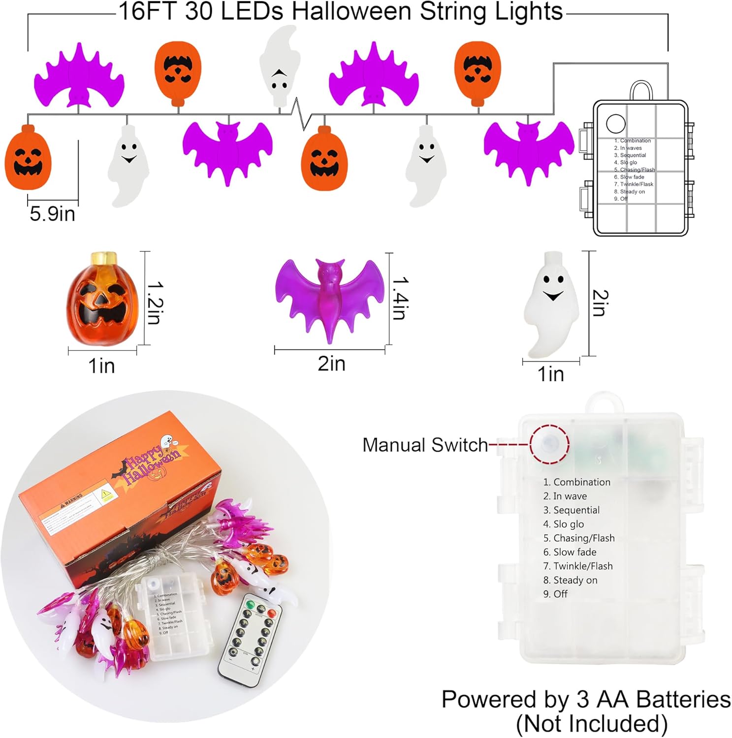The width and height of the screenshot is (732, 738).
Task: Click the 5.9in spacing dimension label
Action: [x=52, y=214]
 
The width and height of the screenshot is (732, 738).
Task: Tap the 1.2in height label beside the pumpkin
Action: [x=155, y=302]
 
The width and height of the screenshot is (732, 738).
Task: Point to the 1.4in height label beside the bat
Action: [x=399, y=298]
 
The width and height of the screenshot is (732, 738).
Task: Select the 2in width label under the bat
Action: [x=331, y=364]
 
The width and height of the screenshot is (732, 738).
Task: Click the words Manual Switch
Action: [x=425, y=445]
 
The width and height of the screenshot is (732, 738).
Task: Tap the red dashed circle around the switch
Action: [x=549, y=443]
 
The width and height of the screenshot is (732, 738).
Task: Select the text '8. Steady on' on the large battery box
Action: [x=570, y=580]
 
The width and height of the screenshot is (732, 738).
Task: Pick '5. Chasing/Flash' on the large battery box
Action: [x=579, y=538]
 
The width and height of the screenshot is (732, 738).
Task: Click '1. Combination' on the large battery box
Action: [x=577, y=482]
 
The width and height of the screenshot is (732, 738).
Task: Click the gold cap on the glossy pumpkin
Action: [x=104, y=258]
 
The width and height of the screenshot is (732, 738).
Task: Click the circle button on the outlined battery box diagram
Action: [x=615, y=124]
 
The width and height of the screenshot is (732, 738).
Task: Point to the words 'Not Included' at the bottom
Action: [x=592, y=724]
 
